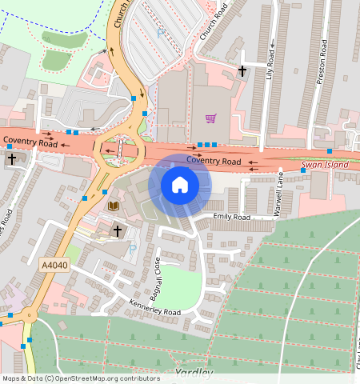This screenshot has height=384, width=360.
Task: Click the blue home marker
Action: tap(180, 186)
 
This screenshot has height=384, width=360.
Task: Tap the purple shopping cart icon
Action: tap(210, 118)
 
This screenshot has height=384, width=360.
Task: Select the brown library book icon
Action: tap(113, 206)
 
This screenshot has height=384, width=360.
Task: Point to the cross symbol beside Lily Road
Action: tap(242, 71)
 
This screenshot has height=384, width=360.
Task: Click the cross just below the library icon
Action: tap(117, 230)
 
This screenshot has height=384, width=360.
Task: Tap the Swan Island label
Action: tap(325, 165)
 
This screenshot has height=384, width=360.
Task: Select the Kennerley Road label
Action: tap(155, 306)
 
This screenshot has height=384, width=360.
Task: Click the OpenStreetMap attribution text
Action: tap(81, 378)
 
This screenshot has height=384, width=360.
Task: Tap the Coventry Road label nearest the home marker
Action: tap(214, 161)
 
